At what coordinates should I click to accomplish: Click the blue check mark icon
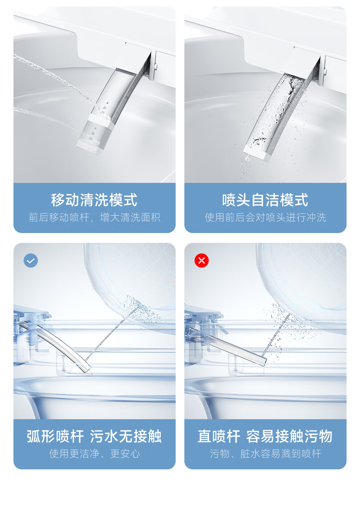pos(31,260)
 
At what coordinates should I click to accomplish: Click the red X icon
pos(201,260)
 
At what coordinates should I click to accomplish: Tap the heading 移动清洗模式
pos(94,200)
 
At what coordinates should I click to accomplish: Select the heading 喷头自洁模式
pos(265,200)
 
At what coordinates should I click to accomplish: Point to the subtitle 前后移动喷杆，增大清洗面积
pos(95,217)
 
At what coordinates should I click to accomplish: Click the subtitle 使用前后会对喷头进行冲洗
pos(265,217)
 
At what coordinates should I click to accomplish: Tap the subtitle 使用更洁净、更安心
pos(95,454)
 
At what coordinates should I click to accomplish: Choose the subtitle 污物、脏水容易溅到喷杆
pos(265,454)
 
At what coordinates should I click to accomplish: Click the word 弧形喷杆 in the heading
pos(55,436)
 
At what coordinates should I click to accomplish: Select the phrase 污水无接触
pos(126,436)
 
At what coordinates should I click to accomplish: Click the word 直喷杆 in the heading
pos(219,436)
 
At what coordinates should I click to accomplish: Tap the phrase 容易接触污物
pos(289,436)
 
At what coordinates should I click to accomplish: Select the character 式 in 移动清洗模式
pos(130,200)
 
